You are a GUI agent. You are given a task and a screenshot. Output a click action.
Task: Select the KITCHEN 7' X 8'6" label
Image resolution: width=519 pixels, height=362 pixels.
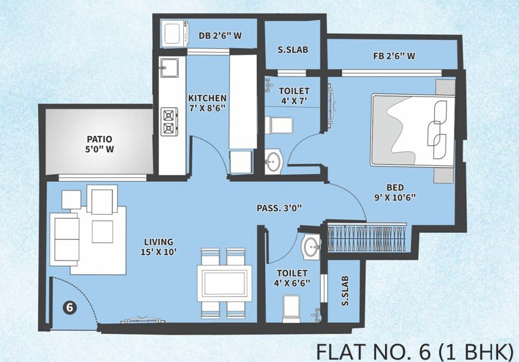pyautogui.click(x=207, y=103)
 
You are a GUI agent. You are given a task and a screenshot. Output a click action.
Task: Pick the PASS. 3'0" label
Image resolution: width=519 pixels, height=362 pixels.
pyautogui.click(x=279, y=208)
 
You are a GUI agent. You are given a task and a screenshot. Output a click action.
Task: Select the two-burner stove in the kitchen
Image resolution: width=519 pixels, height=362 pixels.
pyautogui.click(x=169, y=121)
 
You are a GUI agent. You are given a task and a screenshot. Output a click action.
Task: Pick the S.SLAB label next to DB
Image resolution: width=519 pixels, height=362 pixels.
pyautogui.click(x=293, y=50)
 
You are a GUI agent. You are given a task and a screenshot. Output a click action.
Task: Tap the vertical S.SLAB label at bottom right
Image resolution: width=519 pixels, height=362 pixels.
pyautogui.click(x=345, y=293)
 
